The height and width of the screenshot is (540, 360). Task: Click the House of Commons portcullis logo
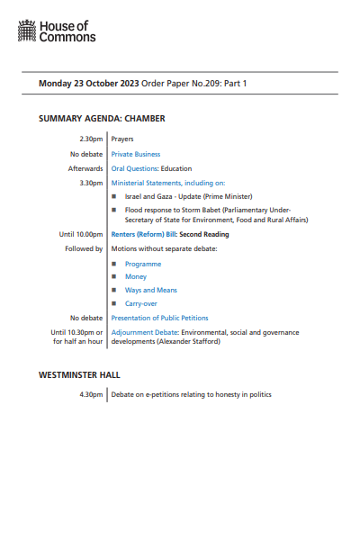28,32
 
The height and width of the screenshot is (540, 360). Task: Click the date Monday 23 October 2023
87,84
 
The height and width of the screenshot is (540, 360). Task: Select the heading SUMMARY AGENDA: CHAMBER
102,119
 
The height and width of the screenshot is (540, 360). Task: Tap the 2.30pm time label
91,139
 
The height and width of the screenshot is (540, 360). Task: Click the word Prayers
123,139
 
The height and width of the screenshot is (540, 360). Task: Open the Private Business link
135,154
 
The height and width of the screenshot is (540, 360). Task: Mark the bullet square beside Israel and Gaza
114,196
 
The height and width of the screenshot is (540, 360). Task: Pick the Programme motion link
143,264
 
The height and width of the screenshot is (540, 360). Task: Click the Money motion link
136,277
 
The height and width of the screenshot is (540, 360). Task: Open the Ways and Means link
151,291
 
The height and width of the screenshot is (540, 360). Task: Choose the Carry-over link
142,304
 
